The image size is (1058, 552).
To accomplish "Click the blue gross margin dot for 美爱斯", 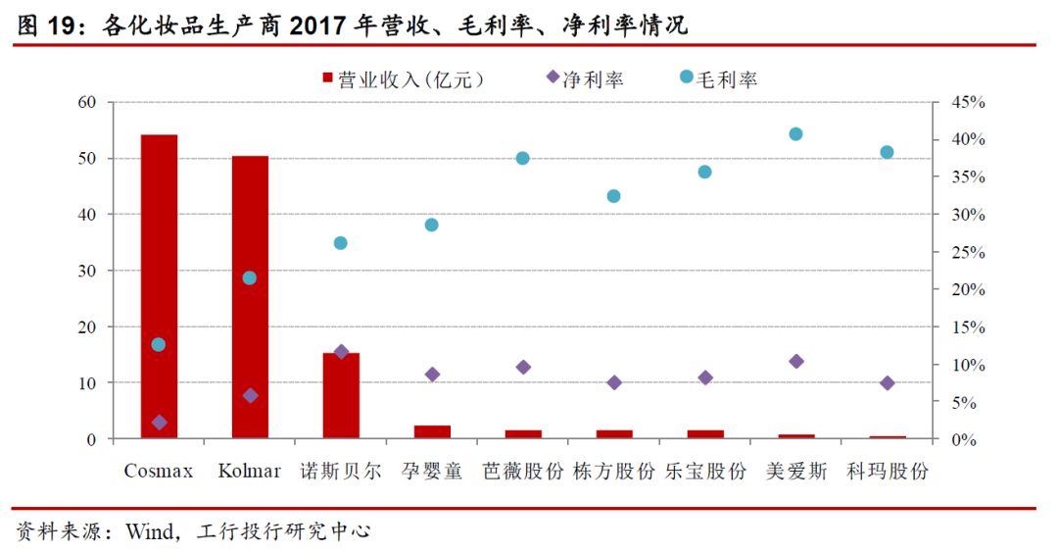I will coord(795,134).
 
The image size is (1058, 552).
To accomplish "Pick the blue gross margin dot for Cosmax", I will coord(159,344).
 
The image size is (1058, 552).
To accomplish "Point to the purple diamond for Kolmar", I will coord(250,395).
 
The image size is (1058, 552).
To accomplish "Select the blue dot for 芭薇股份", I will coord(522,158).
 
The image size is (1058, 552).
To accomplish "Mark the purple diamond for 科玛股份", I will coord(887,382).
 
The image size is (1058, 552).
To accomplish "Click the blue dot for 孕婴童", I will coord(431,225).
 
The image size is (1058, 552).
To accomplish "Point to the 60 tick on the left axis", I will coord(87,102).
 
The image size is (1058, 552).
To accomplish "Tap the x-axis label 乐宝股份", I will coord(704,472).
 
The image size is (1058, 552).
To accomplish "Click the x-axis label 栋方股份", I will coord(613,472).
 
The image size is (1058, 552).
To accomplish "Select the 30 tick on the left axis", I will coord(87,271).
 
